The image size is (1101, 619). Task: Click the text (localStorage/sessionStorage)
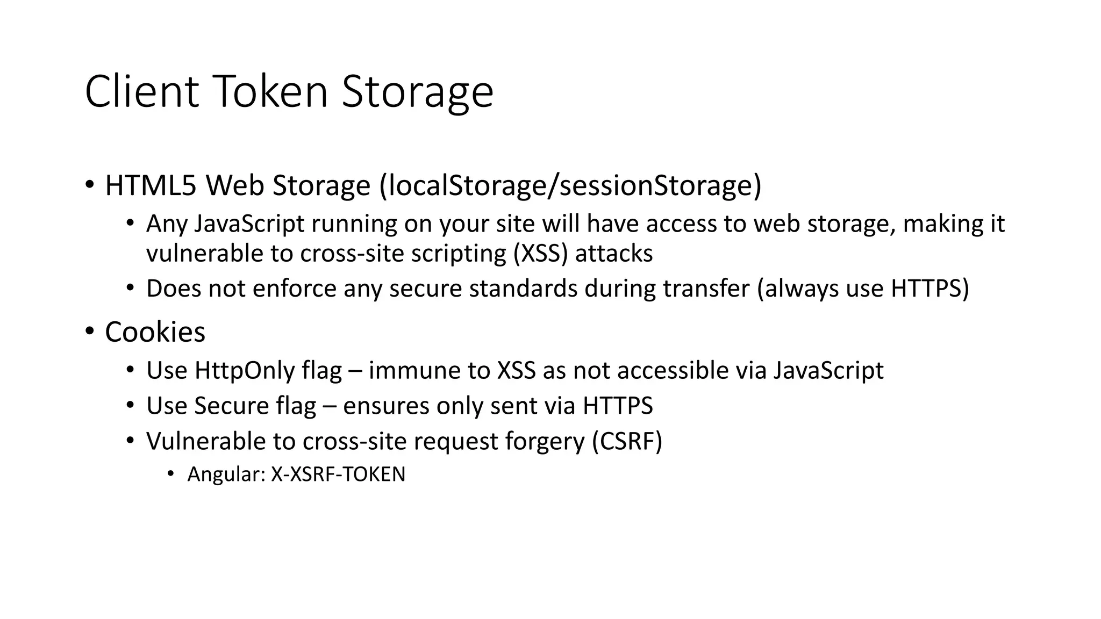(x=570, y=185)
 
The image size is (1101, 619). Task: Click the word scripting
(x=459, y=254)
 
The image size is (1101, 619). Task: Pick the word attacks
(x=614, y=254)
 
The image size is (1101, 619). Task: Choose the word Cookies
(x=155, y=332)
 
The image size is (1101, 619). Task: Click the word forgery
(x=545, y=442)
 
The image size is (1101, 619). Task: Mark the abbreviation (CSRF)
(x=627, y=442)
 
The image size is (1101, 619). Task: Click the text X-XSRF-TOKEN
(x=338, y=474)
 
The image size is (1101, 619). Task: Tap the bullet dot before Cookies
(x=89, y=330)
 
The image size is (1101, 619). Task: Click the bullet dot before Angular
(x=170, y=473)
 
